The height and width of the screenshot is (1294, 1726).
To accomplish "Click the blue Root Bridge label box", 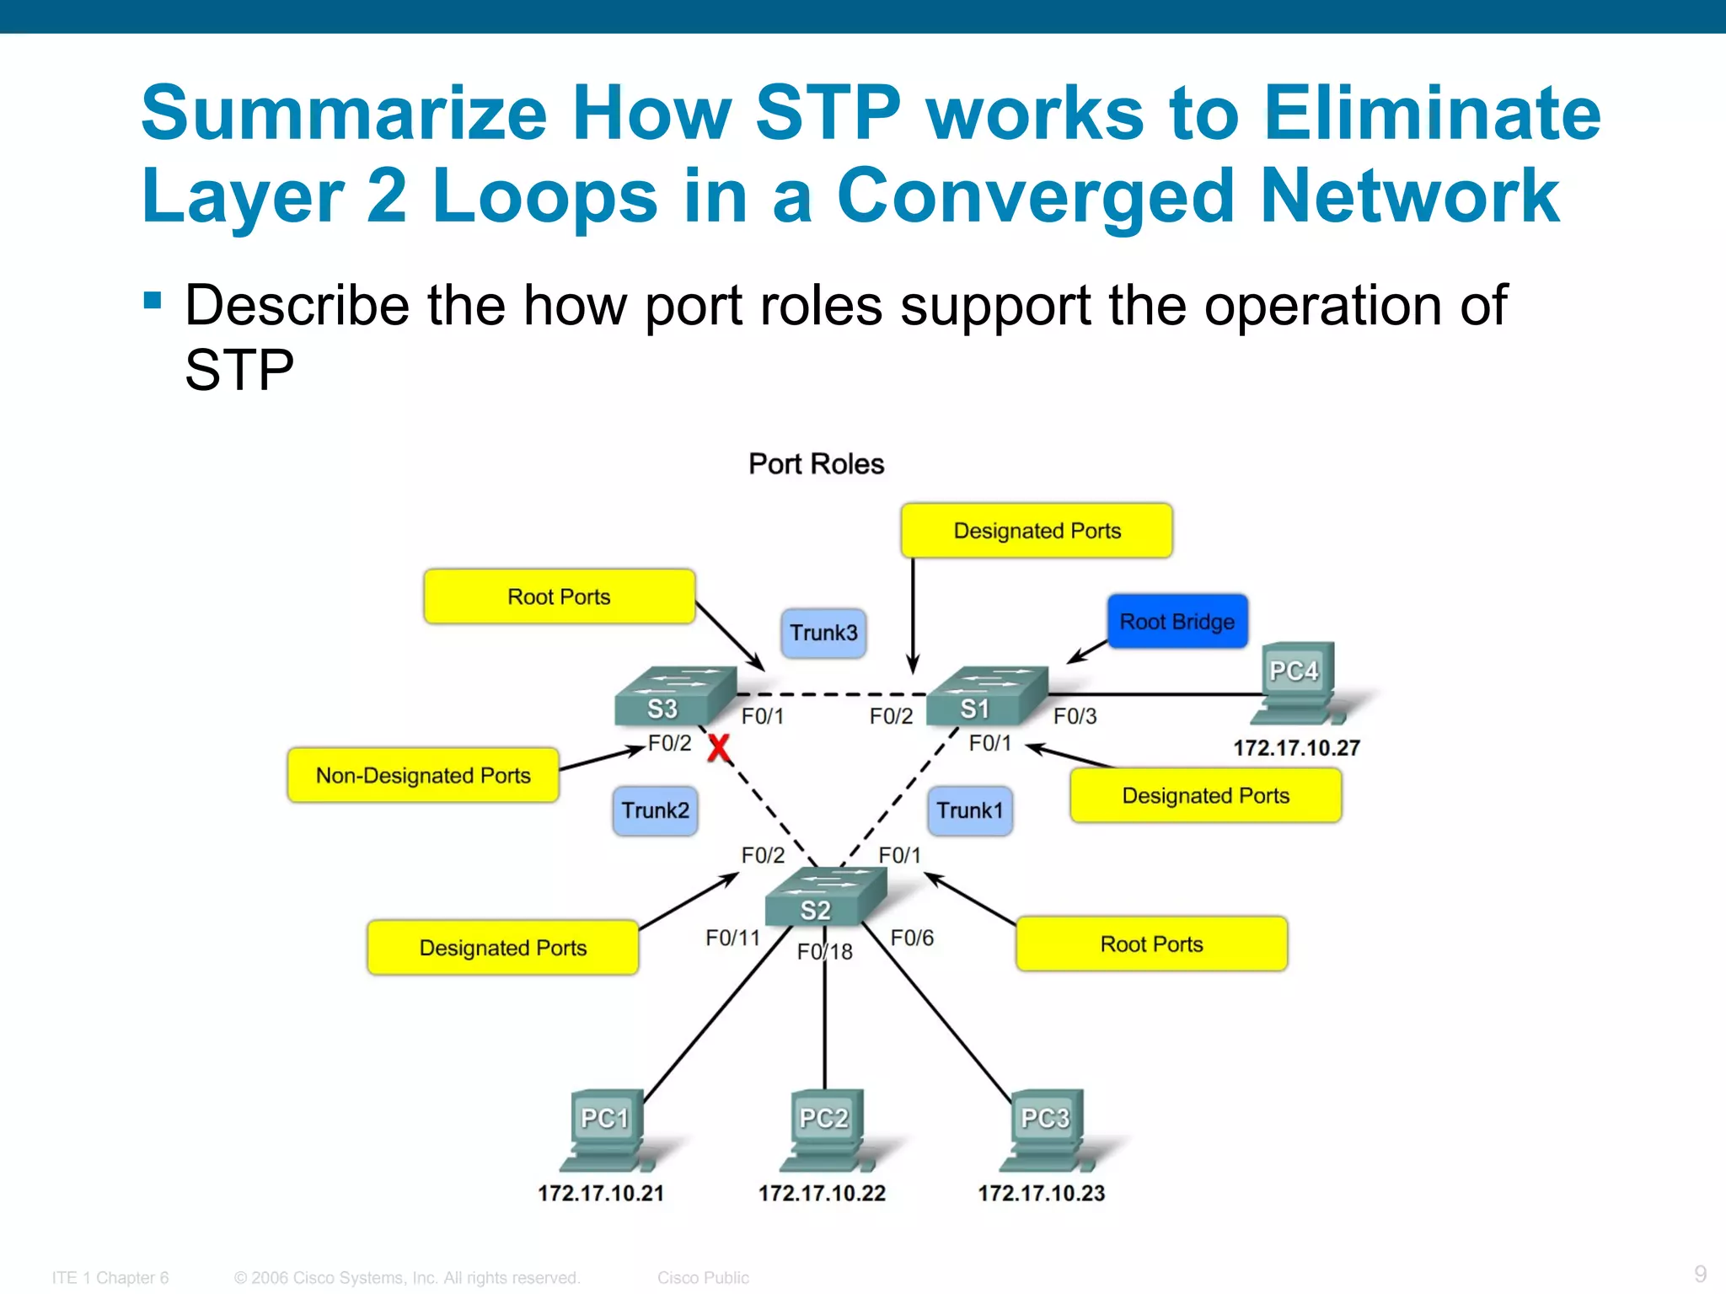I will point(1177,622).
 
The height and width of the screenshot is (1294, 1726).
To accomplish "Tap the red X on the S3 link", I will point(718,748).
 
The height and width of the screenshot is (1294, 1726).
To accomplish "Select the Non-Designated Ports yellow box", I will point(423,775).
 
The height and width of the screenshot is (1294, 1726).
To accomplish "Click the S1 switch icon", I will point(988,697).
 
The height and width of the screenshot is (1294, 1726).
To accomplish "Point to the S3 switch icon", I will point(676,697).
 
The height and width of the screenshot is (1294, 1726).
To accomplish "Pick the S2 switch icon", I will point(826,896).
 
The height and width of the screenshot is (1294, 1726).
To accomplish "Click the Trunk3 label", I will point(823,633).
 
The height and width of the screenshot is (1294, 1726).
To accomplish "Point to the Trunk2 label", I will point(655,810).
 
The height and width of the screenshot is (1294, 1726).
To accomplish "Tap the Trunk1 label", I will point(970,810).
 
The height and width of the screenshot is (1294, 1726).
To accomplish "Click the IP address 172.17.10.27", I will point(1296,748).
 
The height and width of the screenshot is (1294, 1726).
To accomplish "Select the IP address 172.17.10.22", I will point(822,1194).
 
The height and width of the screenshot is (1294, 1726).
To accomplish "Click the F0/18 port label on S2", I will point(825,952).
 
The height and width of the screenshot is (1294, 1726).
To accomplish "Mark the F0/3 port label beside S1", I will point(1075,716).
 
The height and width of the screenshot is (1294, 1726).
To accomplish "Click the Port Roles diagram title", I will point(816,464).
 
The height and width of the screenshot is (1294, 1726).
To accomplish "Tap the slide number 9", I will point(1700,1274).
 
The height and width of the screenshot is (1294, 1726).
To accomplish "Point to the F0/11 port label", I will point(732,938).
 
